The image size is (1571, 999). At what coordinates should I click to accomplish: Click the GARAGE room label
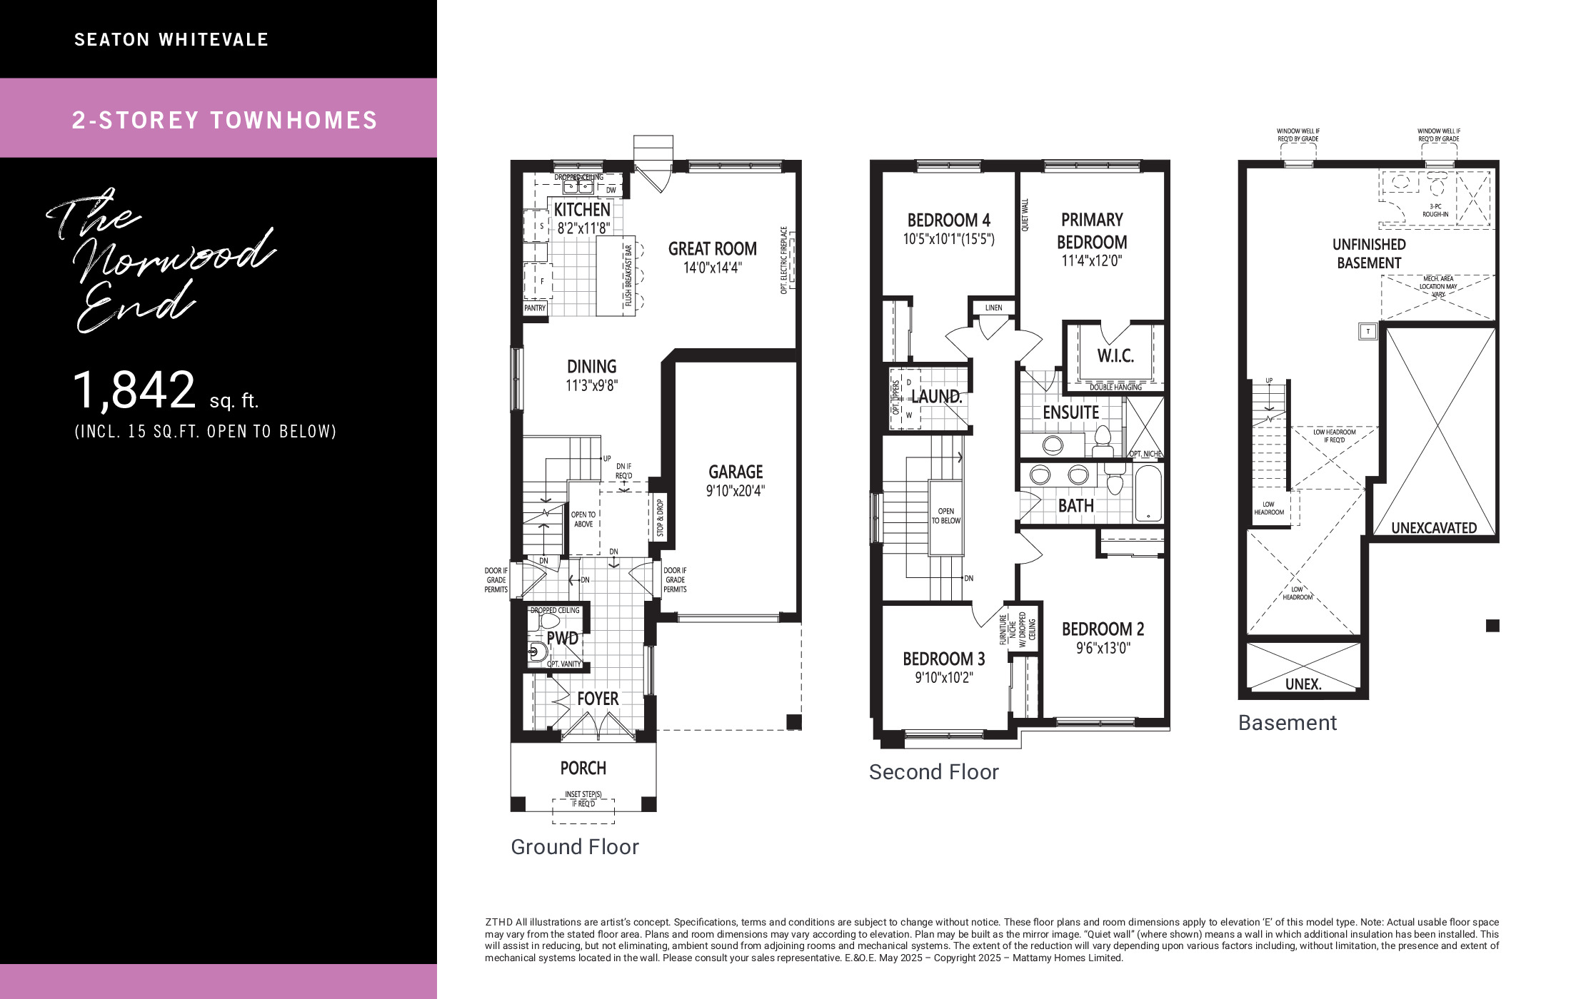[x=736, y=472]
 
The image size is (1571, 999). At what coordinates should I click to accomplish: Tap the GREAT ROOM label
[x=713, y=249]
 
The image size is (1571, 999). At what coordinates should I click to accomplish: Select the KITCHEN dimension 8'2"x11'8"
[x=583, y=228]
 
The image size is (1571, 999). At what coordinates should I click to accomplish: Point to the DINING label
[x=591, y=367]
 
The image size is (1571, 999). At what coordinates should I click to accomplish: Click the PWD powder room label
[x=563, y=639]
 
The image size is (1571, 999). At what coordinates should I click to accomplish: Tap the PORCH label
[x=583, y=769]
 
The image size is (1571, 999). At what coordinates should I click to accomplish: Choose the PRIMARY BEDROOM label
[x=1092, y=231]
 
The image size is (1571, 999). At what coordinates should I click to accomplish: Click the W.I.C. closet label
[x=1115, y=355]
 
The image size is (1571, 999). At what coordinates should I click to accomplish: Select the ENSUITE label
[x=1070, y=412]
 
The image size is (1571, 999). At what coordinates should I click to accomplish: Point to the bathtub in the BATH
[x=1148, y=493]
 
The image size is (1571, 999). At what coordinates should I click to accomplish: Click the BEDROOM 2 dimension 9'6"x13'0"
[x=1103, y=649]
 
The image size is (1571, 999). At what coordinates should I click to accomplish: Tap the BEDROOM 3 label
[x=944, y=659]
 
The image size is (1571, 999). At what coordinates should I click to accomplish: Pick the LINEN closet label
[x=993, y=308]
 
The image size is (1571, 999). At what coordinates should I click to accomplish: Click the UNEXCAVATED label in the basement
[x=1434, y=528]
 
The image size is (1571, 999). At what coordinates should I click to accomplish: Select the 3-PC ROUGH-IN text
[x=1435, y=210]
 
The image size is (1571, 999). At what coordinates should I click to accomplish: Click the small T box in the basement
[x=1368, y=331]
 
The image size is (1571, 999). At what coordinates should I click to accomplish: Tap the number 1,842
[x=135, y=391]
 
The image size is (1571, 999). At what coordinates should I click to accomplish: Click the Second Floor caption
[x=933, y=772]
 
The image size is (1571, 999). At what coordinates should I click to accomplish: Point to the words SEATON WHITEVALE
[x=171, y=40]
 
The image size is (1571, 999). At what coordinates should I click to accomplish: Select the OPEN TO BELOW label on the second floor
[x=946, y=516]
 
